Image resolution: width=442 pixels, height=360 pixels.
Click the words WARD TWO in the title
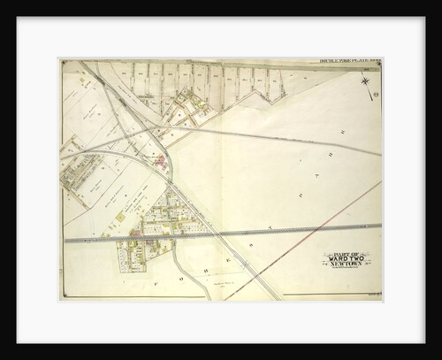point(346,259)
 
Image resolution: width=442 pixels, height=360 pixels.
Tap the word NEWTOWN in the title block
point(346,265)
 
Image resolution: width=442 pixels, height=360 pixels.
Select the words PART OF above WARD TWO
point(346,253)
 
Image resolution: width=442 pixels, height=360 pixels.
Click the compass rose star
point(365,83)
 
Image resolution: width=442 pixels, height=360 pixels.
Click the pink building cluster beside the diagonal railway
point(159,161)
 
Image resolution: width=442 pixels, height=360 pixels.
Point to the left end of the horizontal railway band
point(64,238)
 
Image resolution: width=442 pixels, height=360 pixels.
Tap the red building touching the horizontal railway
point(134,233)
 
